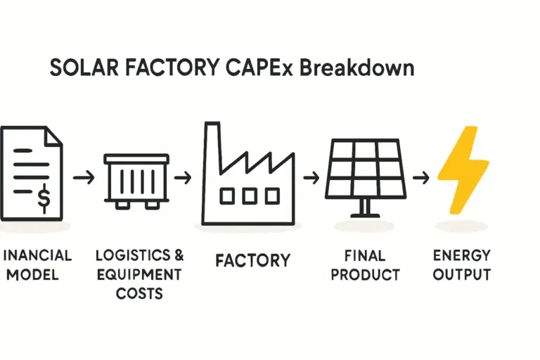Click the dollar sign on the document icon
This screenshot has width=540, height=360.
pyautogui.click(x=44, y=197)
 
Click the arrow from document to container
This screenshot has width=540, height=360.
pyautogui.click(x=84, y=177)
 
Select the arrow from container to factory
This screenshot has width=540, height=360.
pyautogui.click(x=182, y=177)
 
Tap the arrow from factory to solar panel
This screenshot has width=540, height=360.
pyautogui.click(x=310, y=177)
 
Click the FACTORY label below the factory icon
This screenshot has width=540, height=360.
pyautogui.click(x=252, y=260)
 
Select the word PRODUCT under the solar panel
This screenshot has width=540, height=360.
pyautogui.click(x=365, y=274)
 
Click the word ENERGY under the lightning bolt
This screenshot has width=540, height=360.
pyautogui.click(x=461, y=255)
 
